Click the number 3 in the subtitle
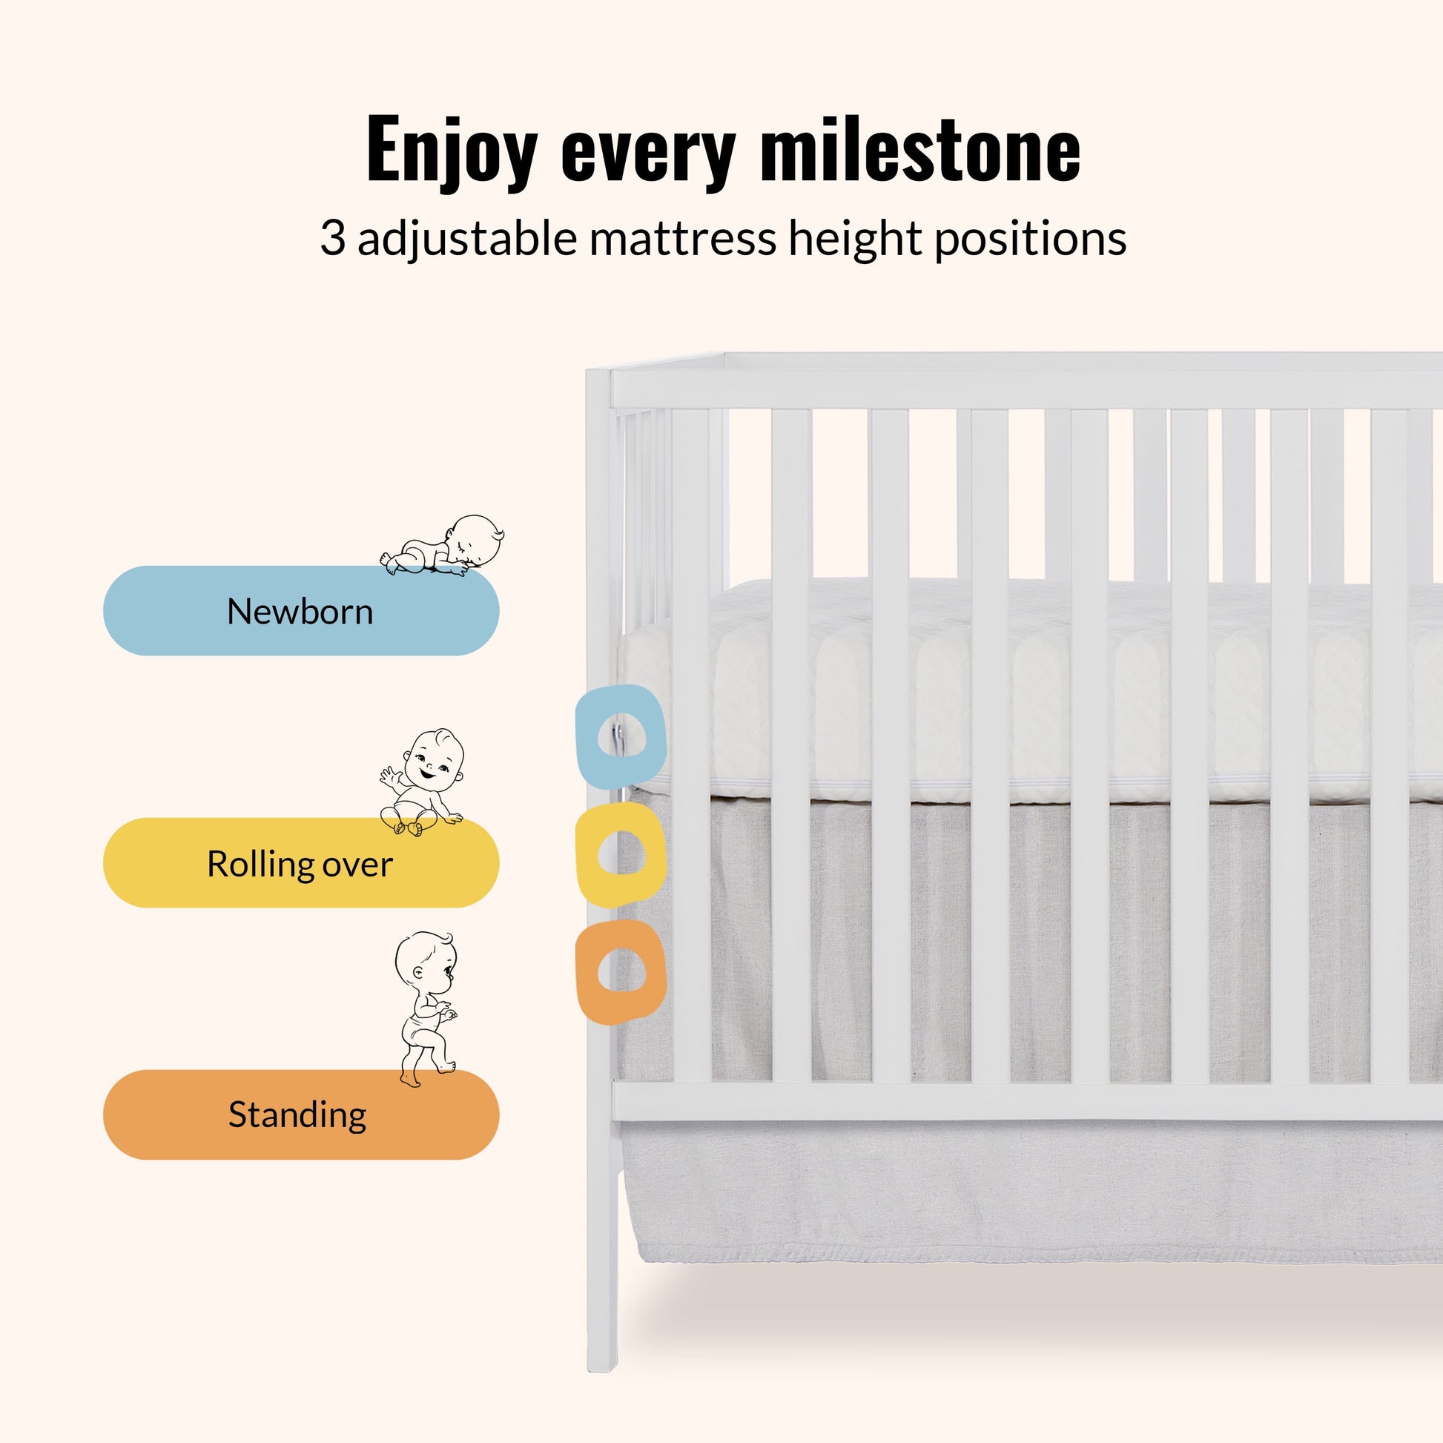click(x=331, y=239)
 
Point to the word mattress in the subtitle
click(x=683, y=239)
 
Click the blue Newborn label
click(x=300, y=612)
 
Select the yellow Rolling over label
click(x=300, y=864)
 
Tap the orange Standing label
click(x=300, y=1115)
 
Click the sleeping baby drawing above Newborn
click(x=443, y=546)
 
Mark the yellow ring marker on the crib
click(x=620, y=855)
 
